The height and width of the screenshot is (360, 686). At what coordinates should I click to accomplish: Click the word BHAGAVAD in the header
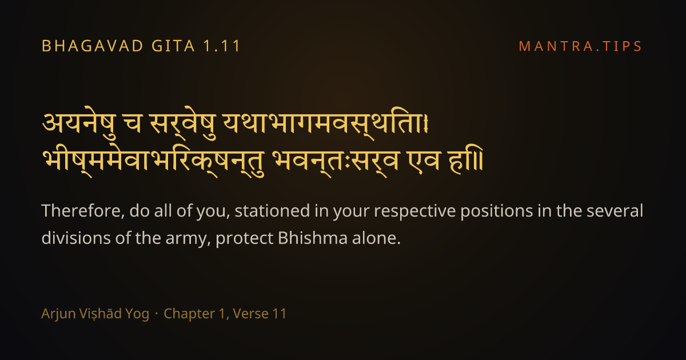coord(92,46)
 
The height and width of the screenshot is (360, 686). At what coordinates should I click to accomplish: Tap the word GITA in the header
coord(173,46)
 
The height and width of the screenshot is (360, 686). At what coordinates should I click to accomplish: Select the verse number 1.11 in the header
coord(222,46)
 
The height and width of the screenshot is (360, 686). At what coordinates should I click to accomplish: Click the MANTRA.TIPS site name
coord(580,46)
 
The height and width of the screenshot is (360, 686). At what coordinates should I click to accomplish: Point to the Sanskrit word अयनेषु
coord(79,123)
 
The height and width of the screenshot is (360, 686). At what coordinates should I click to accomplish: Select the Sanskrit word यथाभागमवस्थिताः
coord(325,123)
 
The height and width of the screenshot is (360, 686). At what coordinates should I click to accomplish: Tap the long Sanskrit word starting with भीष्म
coord(153,161)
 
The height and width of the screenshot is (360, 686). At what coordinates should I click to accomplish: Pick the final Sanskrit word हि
coord(465,159)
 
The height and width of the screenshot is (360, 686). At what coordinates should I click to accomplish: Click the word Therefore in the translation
coord(83,211)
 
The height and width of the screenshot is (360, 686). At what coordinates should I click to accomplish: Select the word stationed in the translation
coord(272,211)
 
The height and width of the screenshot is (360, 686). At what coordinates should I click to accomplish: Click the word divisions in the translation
coord(76,238)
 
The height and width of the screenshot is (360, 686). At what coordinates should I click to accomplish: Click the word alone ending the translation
coord(374,238)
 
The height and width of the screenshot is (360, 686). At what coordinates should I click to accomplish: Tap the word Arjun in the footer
coord(58,314)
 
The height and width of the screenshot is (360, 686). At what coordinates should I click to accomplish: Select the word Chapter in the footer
coord(189,314)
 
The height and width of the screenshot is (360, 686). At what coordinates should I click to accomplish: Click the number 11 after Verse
coord(280,314)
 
